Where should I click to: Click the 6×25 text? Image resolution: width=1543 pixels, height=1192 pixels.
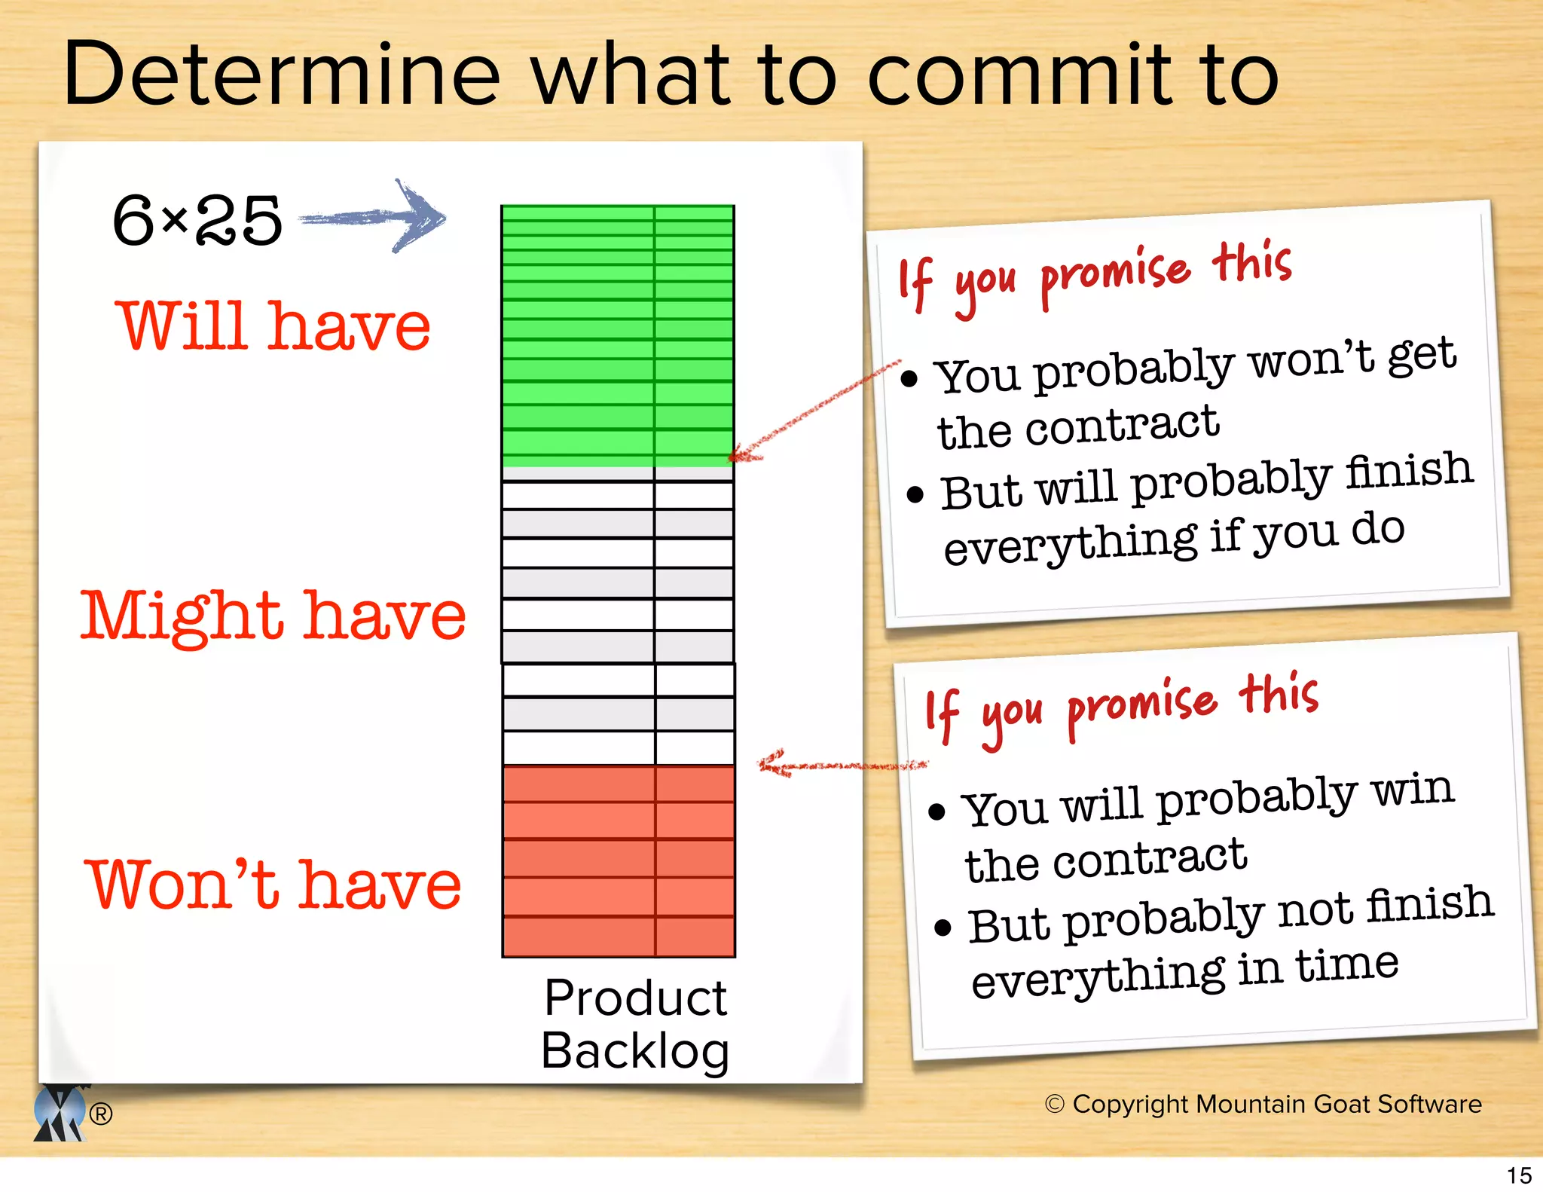(x=197, y=220)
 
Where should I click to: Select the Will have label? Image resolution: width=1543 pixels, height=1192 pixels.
(x=273, y=326)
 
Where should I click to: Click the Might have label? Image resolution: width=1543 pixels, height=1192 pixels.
(x=273, y=616)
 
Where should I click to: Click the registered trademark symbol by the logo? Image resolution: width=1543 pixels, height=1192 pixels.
(x=101, y=1113)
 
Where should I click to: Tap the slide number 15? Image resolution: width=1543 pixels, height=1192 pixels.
(x=1519, y=1175)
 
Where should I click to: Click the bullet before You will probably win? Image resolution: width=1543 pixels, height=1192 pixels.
(x=936, y=811)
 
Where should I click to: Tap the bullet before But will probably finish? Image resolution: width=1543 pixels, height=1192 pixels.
(x=915, y=494)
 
